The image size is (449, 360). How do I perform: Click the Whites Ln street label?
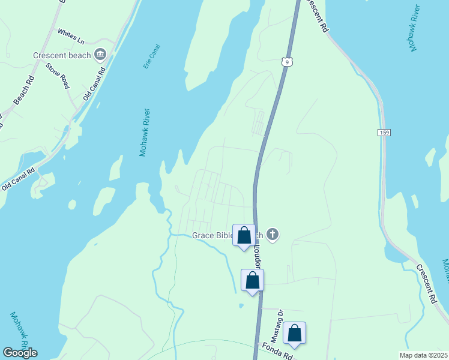click(x=71, y=35)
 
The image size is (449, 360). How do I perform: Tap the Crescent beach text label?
click(x=62, y=56)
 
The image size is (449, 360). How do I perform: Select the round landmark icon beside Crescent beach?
click(x=100, y=56)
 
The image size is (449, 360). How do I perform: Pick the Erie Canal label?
click(x=151, y=56)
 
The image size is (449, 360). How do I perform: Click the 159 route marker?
click(x=385, y=132)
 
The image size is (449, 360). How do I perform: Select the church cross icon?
click(x=273, y=234)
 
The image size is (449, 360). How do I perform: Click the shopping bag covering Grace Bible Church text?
click(x=244, y=236)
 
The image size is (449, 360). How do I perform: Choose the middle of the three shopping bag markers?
click(x=253, y=280)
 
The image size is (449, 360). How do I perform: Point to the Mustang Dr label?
click(x=280, y=322)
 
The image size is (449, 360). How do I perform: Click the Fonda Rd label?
click(x=277, y=352)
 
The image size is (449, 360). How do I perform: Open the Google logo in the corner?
click(x=20, y=353)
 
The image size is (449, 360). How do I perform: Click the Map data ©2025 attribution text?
click(x=423, y=355)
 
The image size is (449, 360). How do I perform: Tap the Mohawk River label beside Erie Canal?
click(x=145, y=133)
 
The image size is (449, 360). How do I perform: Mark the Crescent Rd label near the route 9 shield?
click(x=316, y=16)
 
